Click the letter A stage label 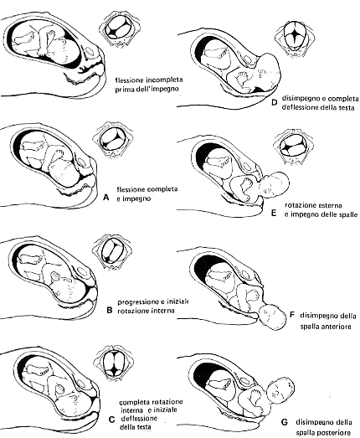coord(105,198)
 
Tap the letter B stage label coord(110,310)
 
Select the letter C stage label coord(111,420)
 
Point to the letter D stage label coord(274,103)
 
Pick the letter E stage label coord(274,214)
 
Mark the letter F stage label coord(292,315)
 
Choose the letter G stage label coord(284,422)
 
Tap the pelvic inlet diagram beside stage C coord(114,363)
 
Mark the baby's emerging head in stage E coord(275,184)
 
